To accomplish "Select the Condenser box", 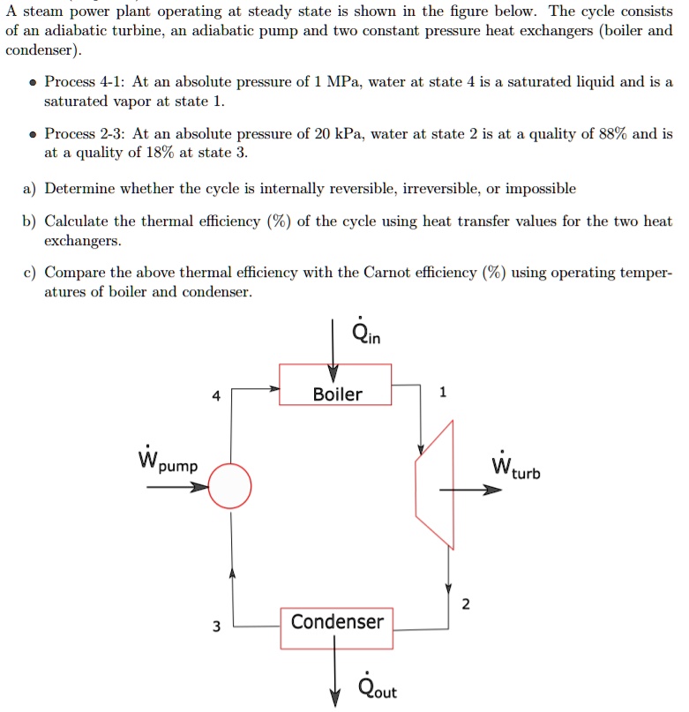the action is point(337,621).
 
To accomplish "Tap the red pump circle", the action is point(229,486).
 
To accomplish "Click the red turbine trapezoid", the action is point(436,484).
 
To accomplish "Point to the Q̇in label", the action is point(365,334).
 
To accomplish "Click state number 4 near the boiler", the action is point(216,396).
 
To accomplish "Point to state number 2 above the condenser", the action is point(466,603).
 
